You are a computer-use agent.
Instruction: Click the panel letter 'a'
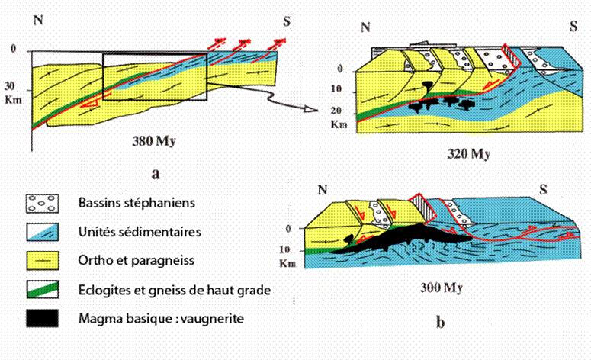[156, 173]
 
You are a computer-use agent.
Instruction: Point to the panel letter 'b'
[440, 323]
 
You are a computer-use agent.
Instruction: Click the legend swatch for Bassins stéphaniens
[45, 204]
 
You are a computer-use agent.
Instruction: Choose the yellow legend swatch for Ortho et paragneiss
[45, 260]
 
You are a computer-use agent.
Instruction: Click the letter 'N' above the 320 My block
[366, 27]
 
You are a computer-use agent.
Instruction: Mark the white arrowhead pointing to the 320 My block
[310, 110]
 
